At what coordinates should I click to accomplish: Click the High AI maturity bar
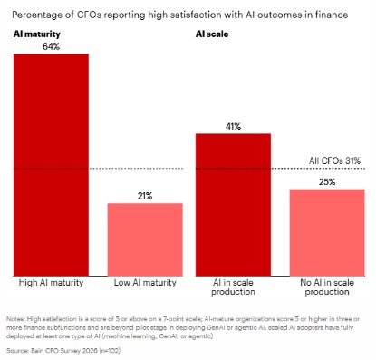tap(51, 163)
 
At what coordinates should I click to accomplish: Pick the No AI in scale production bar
tap(327, 231)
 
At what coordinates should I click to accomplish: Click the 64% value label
tap(51, 46)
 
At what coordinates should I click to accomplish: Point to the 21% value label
tap(145, 195)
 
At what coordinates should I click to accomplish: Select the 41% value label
tap(234, 126)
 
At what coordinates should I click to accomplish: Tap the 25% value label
tap(327, 181)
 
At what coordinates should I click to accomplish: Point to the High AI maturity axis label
tap(51, 283)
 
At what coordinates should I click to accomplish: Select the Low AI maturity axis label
tap(145, 283)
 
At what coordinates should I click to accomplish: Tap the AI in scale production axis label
tap(234, 287)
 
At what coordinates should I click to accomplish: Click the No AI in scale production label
tap(327, 287)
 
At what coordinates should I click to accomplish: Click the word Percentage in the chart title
tap(38, 12)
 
